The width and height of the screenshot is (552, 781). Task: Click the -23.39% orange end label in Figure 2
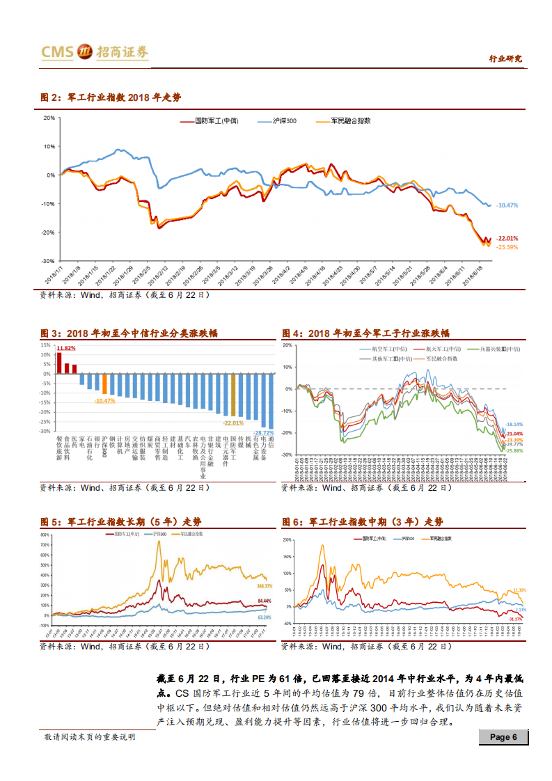click(506, 246)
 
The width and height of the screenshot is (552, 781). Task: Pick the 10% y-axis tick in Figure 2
click(49, 146)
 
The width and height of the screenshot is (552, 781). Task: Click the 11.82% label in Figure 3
click(67, 347)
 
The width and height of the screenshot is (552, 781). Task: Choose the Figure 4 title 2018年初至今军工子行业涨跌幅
click(365, 333)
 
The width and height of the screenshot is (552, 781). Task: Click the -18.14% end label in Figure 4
click(514, 424)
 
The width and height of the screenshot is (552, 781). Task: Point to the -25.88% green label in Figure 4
click(514, 450)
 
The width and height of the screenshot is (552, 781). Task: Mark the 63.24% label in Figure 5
click(265, 617)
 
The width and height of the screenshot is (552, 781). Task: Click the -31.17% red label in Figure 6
click(515, 619)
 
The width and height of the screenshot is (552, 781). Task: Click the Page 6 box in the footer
click(503, 737)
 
